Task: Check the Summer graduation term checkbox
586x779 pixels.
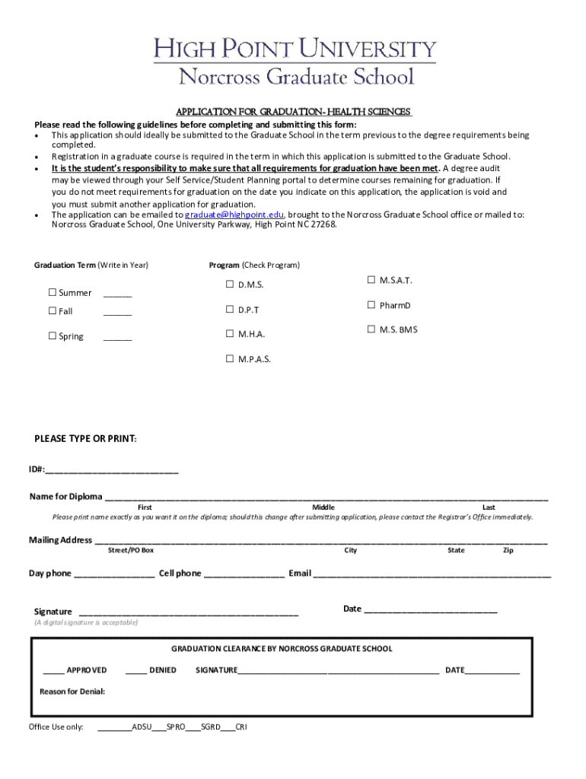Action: pyautogui.click(x=53, y=293)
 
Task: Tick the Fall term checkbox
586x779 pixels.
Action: pyautogui.click(x=53, y=311)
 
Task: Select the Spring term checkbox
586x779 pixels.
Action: pyautogui.click(x=53, y=336)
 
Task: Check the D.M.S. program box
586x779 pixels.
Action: pyautogui.click(x=229, y=285)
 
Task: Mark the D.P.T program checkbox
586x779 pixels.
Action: pyautogui.click(x=229, y=310)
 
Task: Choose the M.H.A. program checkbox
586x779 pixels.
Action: pyautogui.click(x=229, y=334)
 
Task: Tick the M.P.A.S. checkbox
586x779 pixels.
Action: pyautogui.click(x=229, y=359)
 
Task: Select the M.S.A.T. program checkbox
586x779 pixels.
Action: pyautogui.click(x=371, y=280)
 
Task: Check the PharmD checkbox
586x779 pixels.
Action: pyautogui.click(x=371, y=305)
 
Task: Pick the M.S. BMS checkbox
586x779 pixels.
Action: pyautogui.click(x=371, y=329)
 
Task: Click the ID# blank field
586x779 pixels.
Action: pyautogui.click(x=112, y=469)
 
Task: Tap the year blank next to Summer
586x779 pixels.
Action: pyautogui.click(x=117, y=294)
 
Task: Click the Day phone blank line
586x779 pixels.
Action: pyautogui.click(x=114, y=574)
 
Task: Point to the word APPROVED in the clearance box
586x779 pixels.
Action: pyautogui.click(x=87, y=670)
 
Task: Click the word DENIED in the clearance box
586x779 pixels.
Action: pyautogui.click(x=163, y=670)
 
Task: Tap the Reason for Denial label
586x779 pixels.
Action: pyautogui.click(x=72, y=692)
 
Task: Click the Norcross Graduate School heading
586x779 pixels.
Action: pyautogui.click(x=295, y=77)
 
